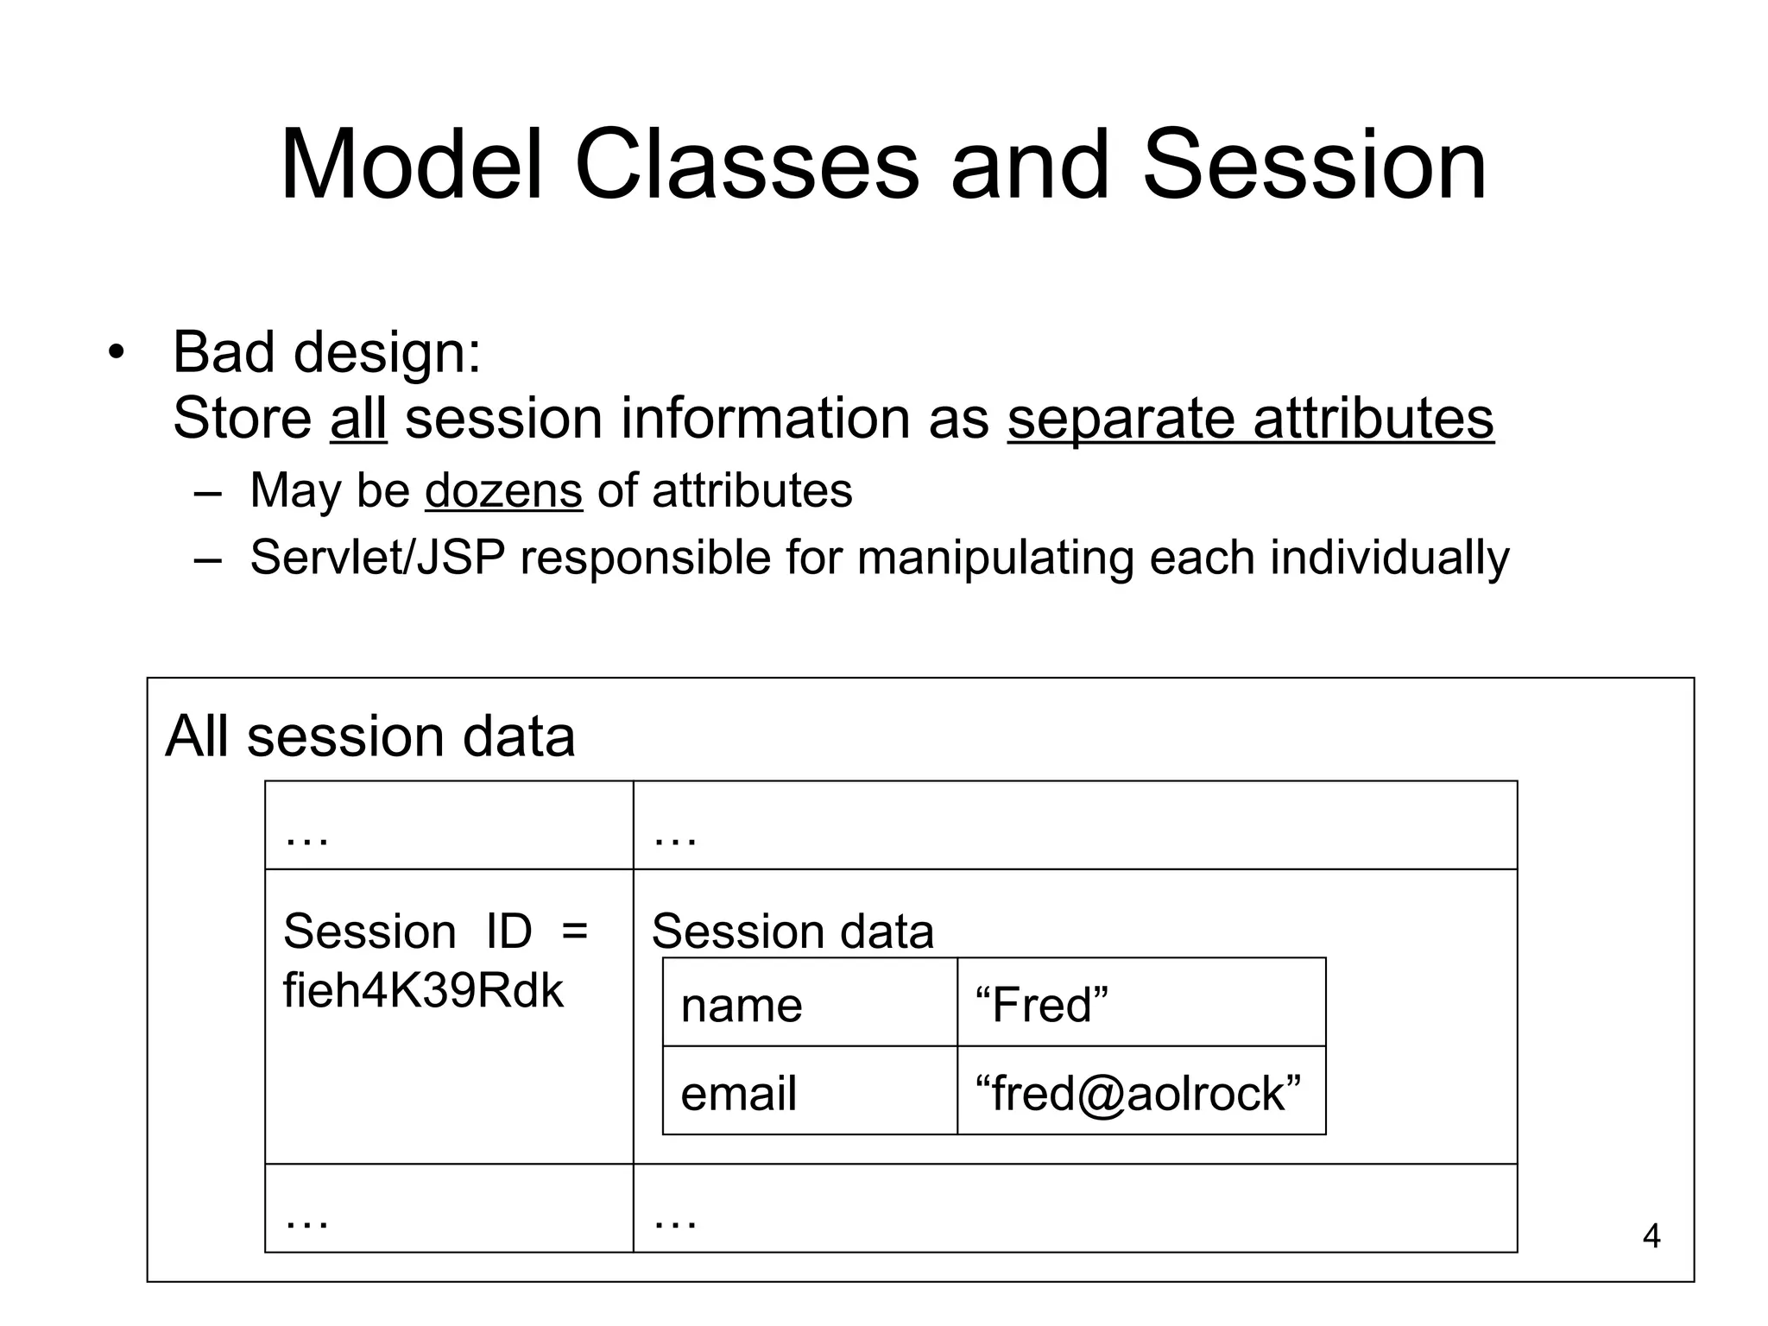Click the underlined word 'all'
pos(358,419)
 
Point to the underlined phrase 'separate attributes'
pos(1250,419)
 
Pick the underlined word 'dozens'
pos(503,490)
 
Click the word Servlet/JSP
pos(377,557)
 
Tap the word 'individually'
pos(1389,557)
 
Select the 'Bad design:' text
pos(327,352)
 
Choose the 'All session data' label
pos(370,736)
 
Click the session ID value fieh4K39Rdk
pos(423,990)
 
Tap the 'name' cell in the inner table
pos(742,1005)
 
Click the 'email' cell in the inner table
pos(738,1093)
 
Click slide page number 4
pos(1651,1236)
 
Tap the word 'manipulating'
pos(995,557)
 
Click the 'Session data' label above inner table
pos(792,931)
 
